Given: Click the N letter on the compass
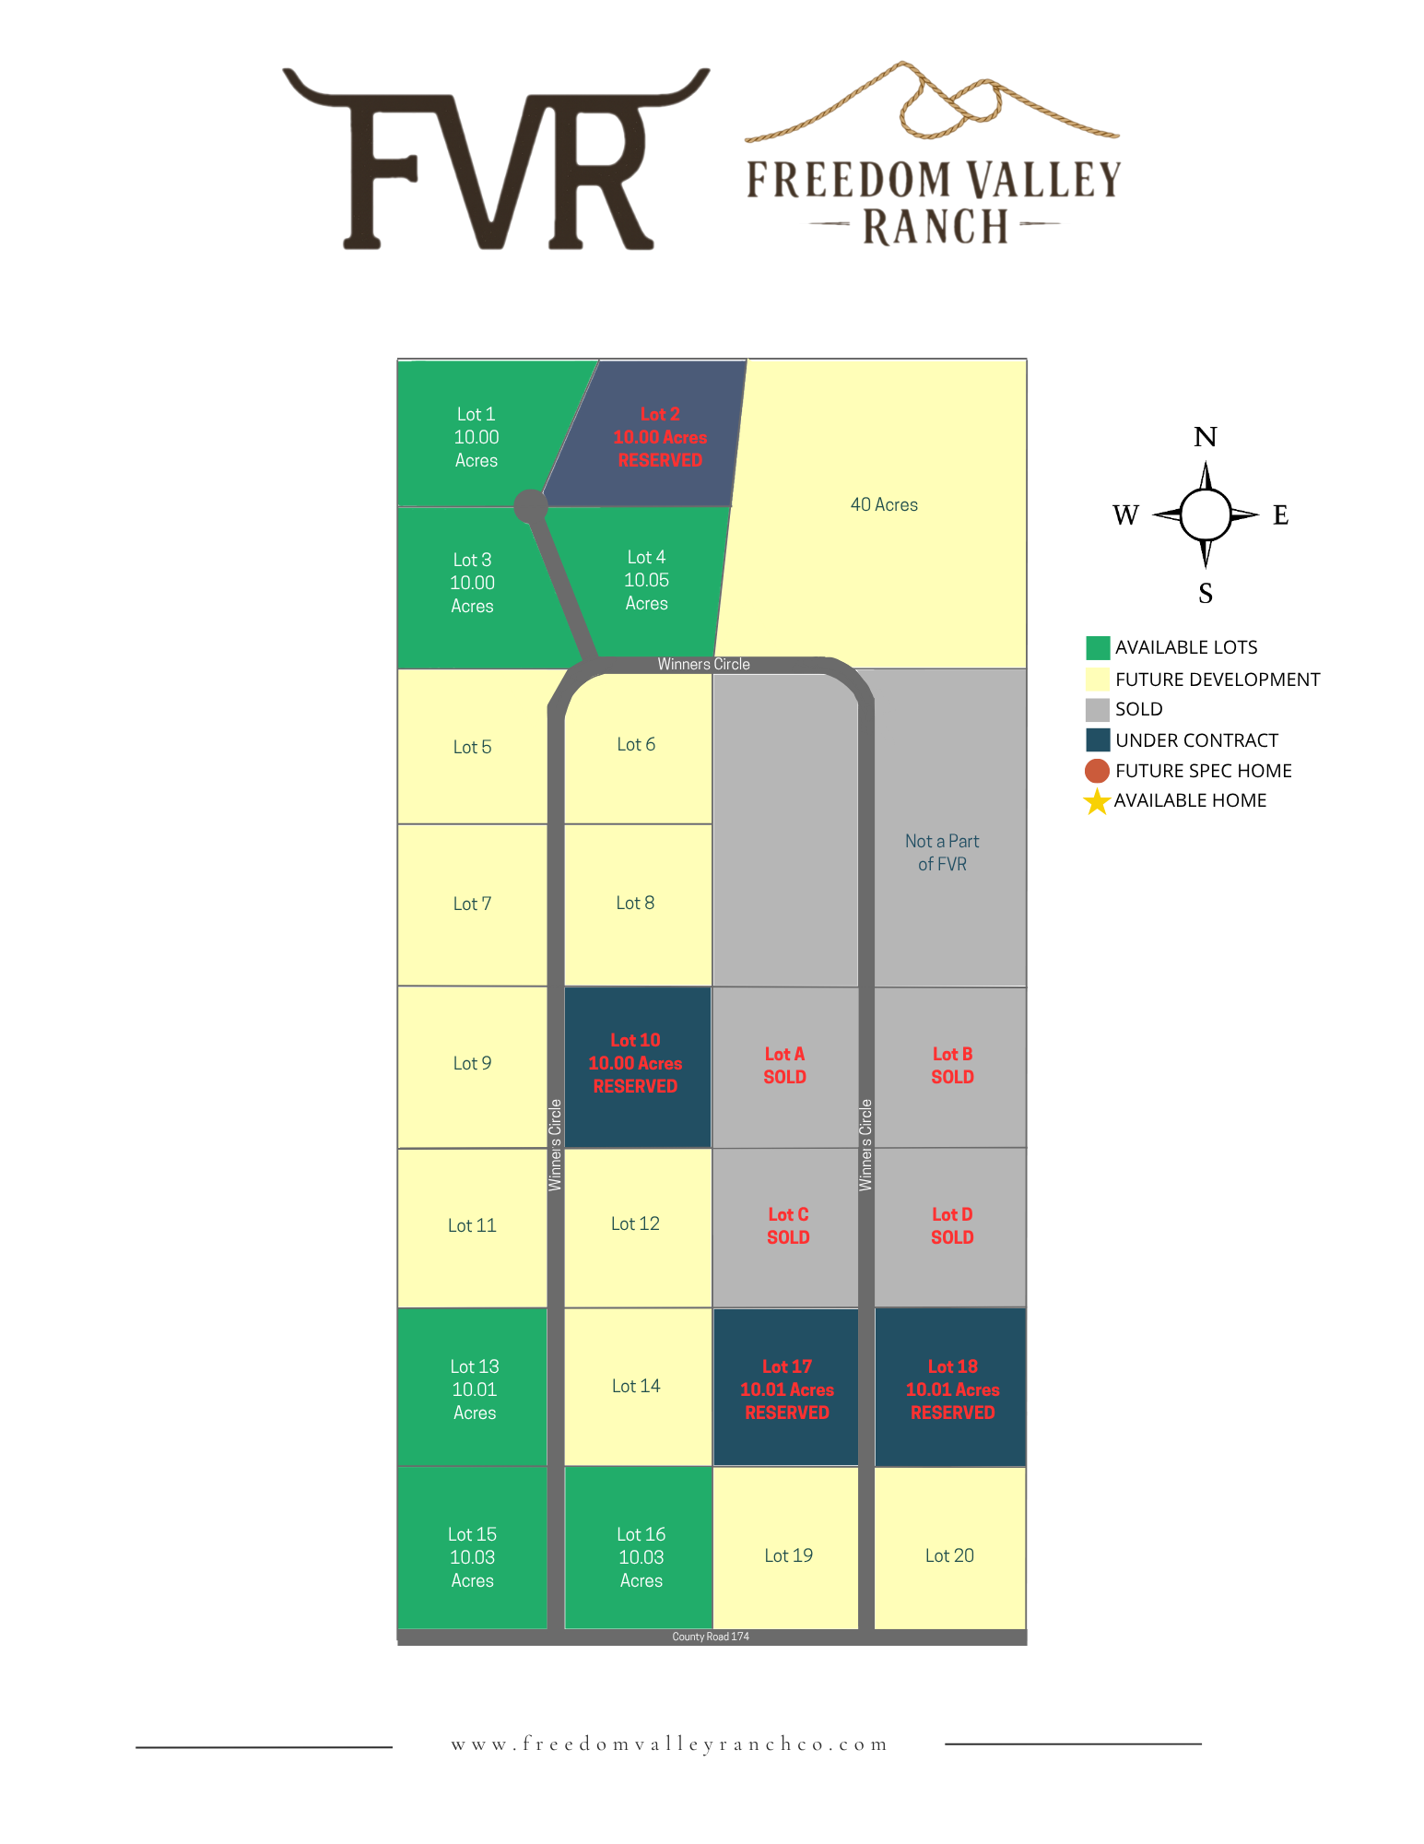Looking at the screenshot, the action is coord(1205,437).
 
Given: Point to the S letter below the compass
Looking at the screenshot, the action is coord(1205,593).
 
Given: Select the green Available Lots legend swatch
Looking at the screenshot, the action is coord(1097,647).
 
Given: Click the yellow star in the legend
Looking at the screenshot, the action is coord(1096,801).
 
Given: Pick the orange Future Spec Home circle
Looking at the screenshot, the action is coord(1097,771).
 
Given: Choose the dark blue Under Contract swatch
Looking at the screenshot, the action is coord(1097,740).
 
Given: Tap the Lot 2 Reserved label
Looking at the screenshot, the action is coord(660,437).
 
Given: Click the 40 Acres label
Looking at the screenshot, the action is coord(884,504).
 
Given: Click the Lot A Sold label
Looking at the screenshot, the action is coord(784,1065).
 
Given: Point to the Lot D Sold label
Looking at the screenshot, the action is coord(952,1225).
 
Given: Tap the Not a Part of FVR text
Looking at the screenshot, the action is coord(942,852).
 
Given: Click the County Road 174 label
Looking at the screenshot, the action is coord(711,1637).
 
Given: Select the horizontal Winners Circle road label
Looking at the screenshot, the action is coord(703,664).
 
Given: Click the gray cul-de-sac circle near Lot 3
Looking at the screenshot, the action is coord(530,505).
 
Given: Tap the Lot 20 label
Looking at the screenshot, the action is coord(949,1555).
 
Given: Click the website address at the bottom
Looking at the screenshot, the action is coord(669,1744).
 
